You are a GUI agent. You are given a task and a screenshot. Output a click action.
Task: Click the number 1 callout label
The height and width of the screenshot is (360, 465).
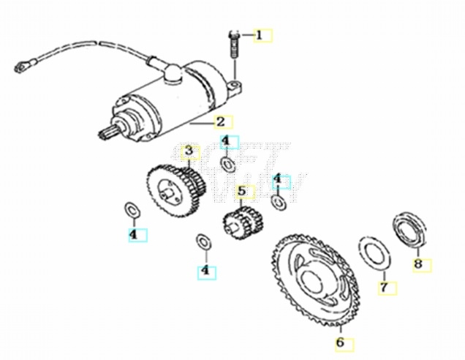[262, 34]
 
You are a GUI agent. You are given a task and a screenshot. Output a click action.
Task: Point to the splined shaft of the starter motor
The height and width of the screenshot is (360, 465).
[106, 133]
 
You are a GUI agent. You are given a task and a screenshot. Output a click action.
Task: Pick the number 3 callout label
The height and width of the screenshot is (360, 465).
[189, 151]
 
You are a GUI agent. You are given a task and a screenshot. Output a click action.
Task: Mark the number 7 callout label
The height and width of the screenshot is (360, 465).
[385, 287]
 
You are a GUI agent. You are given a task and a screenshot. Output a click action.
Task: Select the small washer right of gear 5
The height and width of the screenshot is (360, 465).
[277, 201]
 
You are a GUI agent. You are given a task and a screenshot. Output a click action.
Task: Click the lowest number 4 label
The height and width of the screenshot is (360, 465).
[206, 271]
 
